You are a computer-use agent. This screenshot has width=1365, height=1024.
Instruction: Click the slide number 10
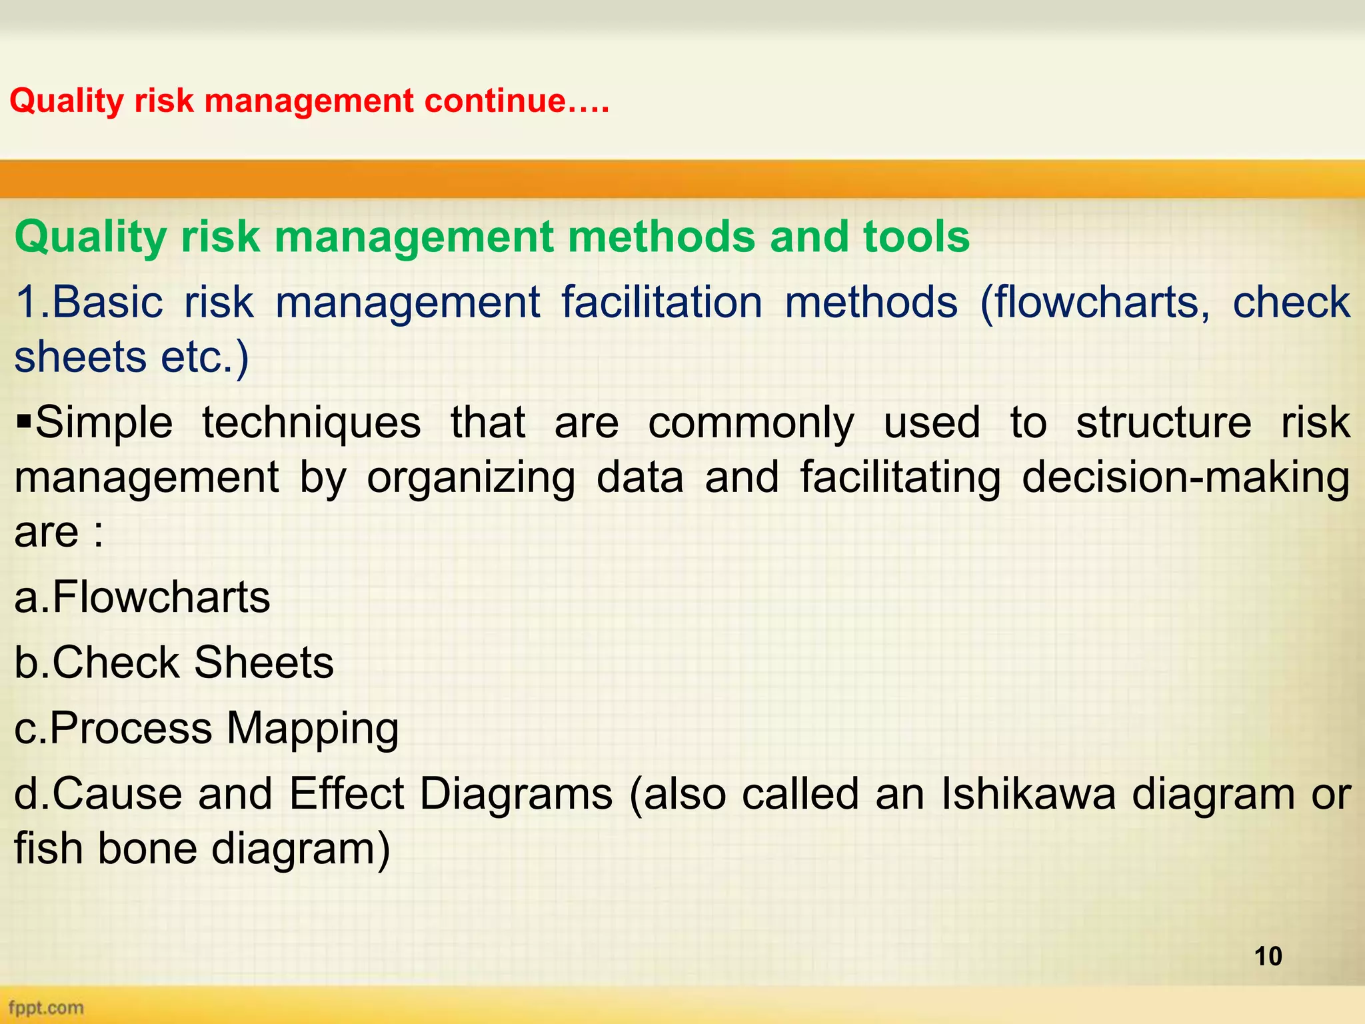point(1268,956)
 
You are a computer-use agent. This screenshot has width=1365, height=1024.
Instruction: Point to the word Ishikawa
point(1027,794)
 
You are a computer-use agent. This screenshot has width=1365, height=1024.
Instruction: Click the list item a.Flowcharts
point(142,597)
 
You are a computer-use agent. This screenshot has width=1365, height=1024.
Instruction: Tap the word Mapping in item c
point(312,728)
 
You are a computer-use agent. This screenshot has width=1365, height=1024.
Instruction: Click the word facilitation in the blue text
point(662,302)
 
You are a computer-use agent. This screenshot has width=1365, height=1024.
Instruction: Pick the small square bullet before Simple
point(24,422)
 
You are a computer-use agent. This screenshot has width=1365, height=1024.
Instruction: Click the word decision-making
point(1186,477)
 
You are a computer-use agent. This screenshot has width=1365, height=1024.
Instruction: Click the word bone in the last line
point(147,849)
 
